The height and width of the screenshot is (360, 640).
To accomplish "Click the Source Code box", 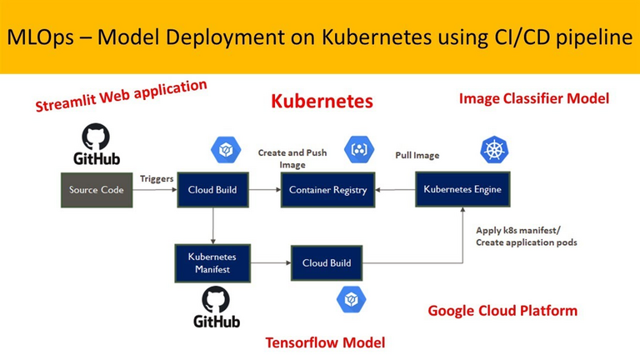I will coord(97,190).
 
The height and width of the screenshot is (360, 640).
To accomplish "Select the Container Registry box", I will coord(327,190).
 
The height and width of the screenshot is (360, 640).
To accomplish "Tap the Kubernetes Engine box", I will coord(462,189).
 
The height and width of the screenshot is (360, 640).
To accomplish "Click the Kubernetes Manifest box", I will coord(212,262).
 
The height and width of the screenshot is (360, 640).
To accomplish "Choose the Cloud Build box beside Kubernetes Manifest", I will coord(327,262).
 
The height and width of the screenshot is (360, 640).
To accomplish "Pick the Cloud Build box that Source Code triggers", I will coord(212,190).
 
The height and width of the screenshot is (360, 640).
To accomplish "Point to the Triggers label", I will coord(157,178).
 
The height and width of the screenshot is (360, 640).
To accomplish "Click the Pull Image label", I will coord(417,155).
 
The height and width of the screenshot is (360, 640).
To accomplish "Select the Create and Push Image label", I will coord(292,158).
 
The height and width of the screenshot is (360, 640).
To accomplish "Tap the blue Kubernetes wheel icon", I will coord(494,150).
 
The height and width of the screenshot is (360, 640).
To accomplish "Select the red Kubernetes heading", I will coord(322,102).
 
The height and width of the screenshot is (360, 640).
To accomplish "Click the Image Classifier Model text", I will coord(533,98).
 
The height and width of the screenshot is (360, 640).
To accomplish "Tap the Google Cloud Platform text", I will coord(502,311).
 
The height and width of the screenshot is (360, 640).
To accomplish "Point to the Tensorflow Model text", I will coord(325,342).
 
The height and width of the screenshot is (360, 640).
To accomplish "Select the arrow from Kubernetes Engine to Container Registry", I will coord(396,190).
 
